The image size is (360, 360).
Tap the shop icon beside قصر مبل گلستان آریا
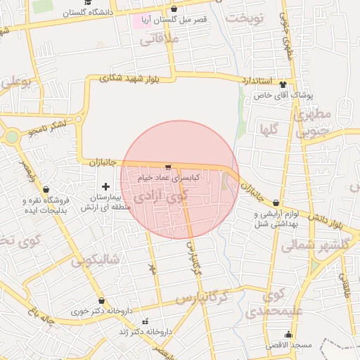pos(174,8)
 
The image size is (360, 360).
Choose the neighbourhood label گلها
pos(271,129)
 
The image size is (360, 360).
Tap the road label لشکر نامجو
pos(49,127)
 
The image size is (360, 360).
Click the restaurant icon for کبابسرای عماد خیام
pos(167,167)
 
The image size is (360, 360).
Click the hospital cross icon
pos(105,186)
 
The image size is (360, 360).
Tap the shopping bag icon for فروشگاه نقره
pos(46,189)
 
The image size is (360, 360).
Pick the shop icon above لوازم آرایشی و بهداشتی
pos(276,202)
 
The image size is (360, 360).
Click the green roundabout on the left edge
pos(11,137)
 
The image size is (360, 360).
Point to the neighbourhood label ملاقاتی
pos(160,41)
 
